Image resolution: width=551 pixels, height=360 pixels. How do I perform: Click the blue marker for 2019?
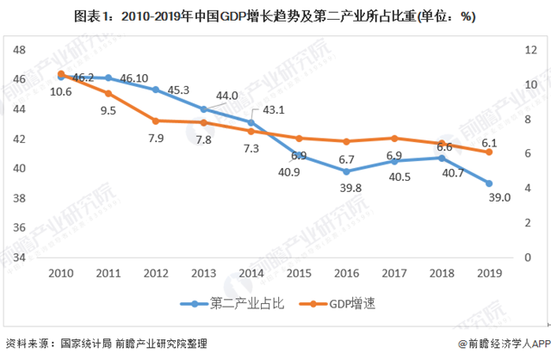coord(489,183)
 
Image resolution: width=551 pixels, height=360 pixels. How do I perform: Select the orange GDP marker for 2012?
coord(156,121)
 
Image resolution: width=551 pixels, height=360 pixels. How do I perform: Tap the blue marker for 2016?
coord(346,171)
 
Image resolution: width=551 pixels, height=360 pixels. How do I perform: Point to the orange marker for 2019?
coord(489,152)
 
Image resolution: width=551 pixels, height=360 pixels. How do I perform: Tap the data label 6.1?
coord(488,142)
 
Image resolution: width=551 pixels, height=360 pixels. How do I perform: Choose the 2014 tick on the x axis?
coord(251,274)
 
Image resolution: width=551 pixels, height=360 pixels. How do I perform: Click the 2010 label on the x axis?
coord(59,274)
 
